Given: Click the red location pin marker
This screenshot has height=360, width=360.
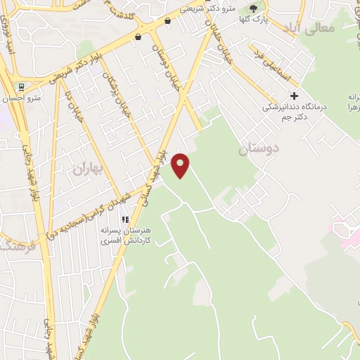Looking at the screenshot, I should pos(181,165).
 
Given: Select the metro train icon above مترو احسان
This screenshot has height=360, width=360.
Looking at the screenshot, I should pos(22,88).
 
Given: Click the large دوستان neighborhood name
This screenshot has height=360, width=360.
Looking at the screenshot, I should pos(259,148).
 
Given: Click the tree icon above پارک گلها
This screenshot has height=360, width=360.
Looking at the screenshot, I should pos(254,8).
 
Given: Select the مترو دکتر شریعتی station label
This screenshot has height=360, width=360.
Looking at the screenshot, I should pos(208,9).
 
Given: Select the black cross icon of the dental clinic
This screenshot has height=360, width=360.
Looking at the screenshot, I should pos(294,95).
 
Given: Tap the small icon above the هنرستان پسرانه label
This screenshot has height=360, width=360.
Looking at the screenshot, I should pos(126,219).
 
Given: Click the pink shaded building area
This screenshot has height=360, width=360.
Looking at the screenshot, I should pos(347,236).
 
